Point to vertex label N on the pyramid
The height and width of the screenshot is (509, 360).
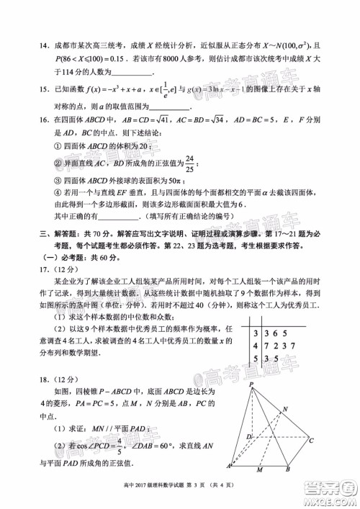(306, 408)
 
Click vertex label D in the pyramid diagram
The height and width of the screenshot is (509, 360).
(248, 437)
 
